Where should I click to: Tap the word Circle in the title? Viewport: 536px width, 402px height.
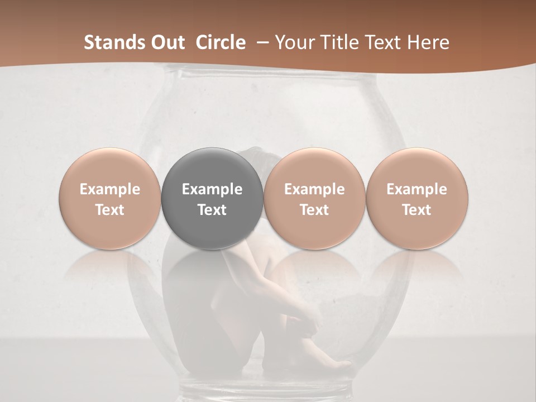pos(221,42)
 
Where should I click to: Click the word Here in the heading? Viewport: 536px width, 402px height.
pos(428,42)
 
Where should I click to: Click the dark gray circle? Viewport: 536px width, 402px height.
pos(212,198)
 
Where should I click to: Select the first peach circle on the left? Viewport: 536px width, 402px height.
pos(110,198)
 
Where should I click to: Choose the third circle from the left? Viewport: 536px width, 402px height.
pos(314,198)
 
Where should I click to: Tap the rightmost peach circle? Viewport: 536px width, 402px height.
pos(417,198)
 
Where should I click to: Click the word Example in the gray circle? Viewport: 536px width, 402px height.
pos(212,189)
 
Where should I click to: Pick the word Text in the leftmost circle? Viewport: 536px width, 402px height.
pos(110,210)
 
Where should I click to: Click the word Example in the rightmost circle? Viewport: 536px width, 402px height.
pos(417,189)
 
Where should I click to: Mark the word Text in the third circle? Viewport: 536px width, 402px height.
pos(314,210)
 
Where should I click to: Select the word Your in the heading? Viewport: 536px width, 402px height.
pos(294,42)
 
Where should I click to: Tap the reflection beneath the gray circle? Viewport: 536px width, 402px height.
pos(212,265)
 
